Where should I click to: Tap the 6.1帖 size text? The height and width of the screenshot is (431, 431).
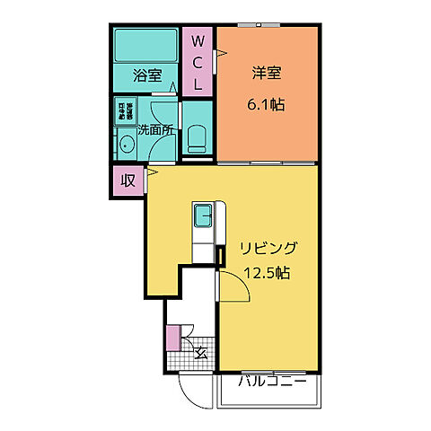[266, 105]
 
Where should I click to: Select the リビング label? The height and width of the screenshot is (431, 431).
[267, 248]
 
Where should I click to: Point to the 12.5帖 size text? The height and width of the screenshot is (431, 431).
[267, 273]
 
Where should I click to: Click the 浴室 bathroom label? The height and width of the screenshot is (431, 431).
[147, 76]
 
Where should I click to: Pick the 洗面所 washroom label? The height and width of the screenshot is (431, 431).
[155, 128]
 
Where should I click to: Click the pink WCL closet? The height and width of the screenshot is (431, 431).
[198, 63]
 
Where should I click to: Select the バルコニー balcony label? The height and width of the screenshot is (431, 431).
[272, 382]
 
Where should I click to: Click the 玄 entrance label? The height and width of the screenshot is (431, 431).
[200, 352]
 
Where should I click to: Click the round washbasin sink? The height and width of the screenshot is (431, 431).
[126, 145]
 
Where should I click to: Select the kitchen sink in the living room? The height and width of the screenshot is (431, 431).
[204, 215]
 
